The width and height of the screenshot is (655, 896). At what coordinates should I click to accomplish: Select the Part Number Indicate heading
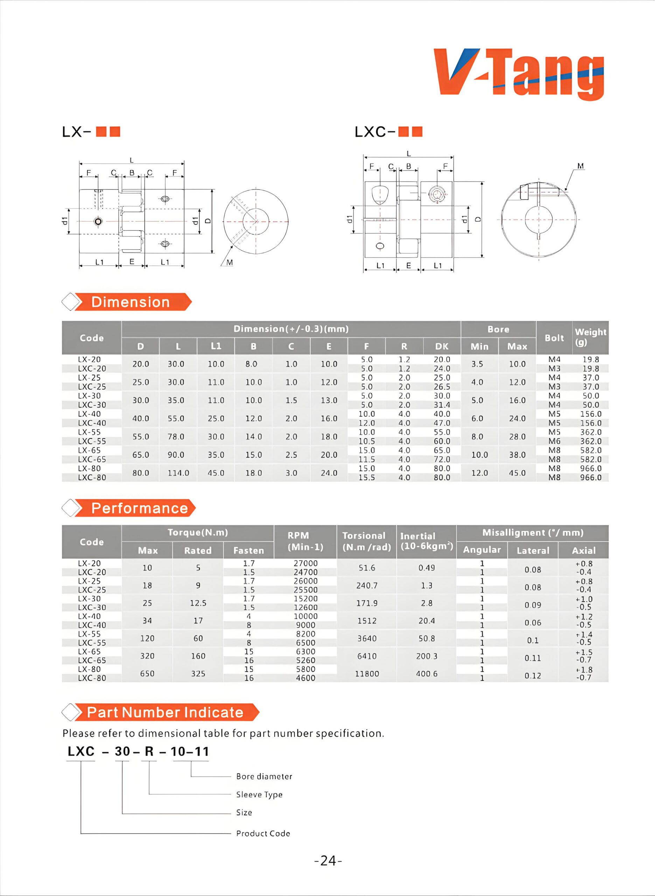click(x=165, y=712)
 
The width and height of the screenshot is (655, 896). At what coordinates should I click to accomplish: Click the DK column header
click(x=442, y=346)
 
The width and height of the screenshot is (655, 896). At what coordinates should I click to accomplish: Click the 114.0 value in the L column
click(x=179, y=473)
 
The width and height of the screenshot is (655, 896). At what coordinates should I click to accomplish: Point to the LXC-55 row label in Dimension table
click(x=92, y=441)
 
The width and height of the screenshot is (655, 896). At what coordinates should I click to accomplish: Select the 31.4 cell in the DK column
click(x=442, y=405)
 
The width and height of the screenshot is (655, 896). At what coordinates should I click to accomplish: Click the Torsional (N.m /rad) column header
click(x=366, y=541)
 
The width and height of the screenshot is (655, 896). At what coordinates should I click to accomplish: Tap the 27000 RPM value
click(x=305, y=563)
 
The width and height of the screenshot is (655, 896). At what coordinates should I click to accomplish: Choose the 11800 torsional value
click(x=367, y=674)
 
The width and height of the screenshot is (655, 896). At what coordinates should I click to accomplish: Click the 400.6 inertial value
click(x=427, y=674)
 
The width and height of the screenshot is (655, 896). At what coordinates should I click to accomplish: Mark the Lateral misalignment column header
click(x=533, y=551)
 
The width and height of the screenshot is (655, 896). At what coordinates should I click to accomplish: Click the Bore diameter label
click(x=264, y=776)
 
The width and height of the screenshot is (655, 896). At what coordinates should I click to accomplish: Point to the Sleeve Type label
click(x=259, y=794)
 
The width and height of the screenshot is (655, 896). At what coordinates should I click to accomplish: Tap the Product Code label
click(x=263, y=833)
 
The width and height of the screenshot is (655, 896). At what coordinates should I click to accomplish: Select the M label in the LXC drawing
click(x=580, y=166)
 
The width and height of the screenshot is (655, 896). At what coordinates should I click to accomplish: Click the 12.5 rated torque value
click(x=198, y=603)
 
